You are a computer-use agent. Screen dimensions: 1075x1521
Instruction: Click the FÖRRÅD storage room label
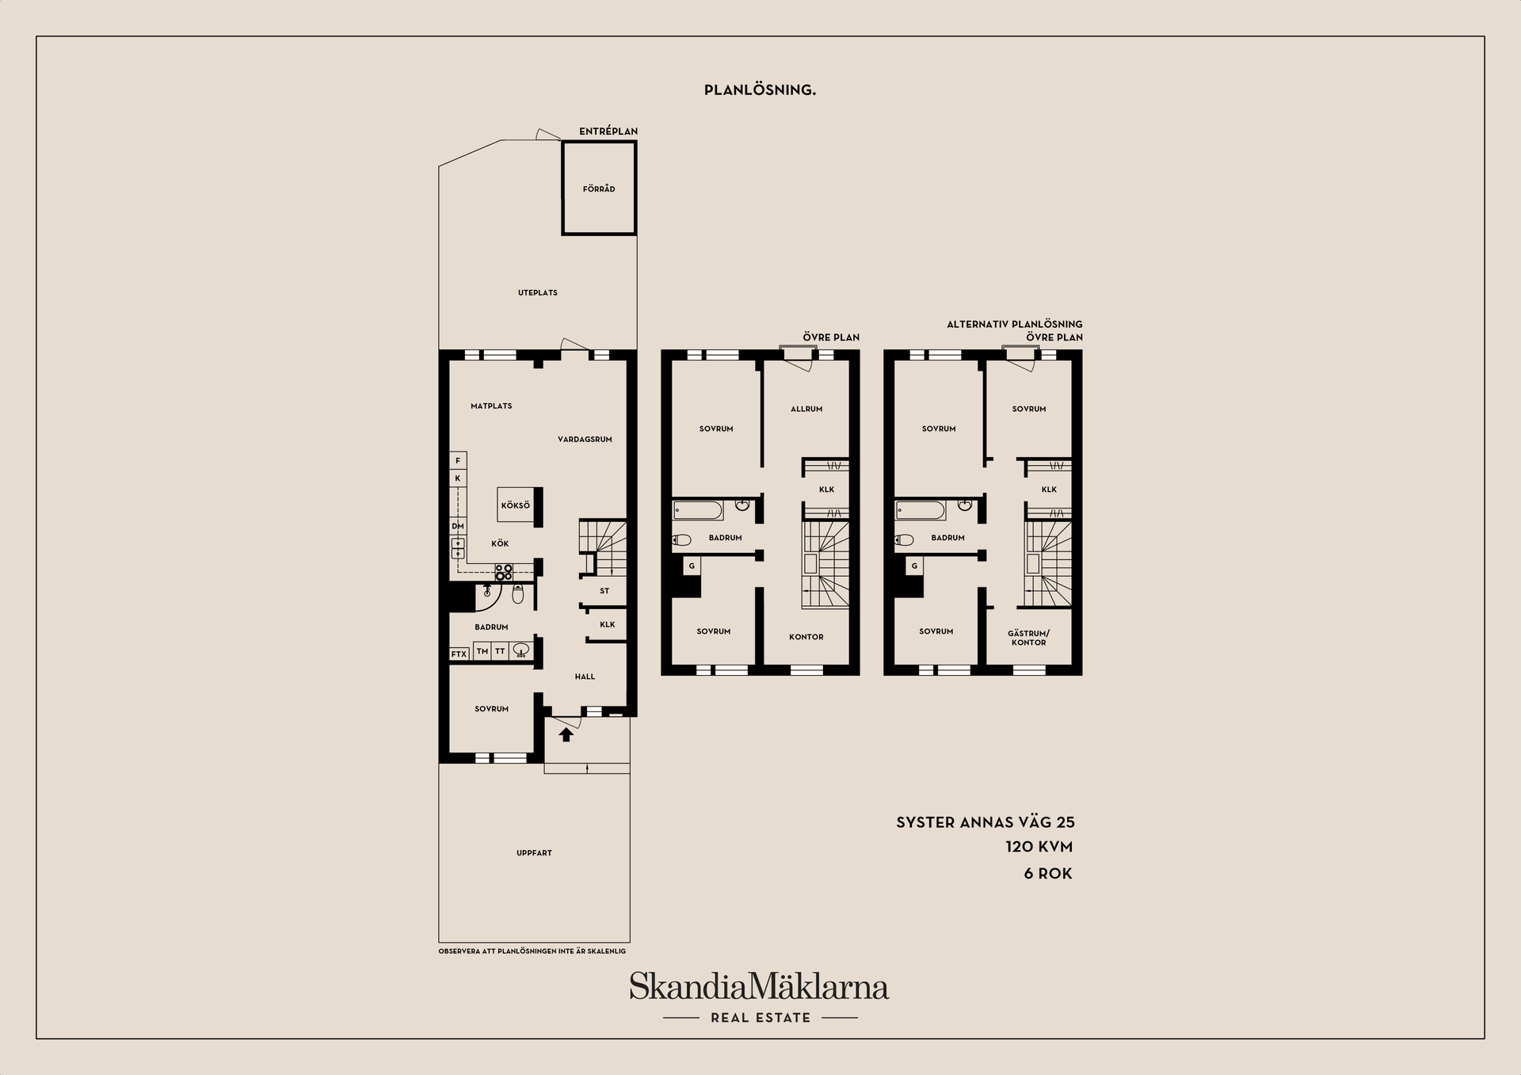point(599,189)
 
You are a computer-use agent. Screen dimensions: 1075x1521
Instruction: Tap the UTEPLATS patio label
point(538,293)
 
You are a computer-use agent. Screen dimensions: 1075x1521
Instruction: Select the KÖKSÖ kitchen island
point(515,505)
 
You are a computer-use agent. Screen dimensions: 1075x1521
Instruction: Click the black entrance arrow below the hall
point(566,734)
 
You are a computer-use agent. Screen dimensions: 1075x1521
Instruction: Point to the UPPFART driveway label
point(534,853)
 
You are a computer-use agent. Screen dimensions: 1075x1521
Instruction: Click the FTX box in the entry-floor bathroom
point(459,654)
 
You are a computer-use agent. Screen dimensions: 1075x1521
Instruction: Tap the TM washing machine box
point(482,652)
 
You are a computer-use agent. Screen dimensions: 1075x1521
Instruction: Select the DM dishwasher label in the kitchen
point(458,526)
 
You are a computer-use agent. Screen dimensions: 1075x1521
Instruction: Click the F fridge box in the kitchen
point(458,460)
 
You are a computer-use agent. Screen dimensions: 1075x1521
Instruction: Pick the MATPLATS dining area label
point(491,406)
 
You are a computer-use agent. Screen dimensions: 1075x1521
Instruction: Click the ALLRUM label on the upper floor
point(806,410)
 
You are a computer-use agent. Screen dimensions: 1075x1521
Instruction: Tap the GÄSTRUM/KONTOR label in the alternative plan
point(1028,638)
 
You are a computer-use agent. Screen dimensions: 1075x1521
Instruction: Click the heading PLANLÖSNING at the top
point(760,90)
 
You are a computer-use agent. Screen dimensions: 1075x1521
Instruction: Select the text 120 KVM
point(1039,847)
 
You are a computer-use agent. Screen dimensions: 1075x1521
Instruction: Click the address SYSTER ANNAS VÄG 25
point(985,822)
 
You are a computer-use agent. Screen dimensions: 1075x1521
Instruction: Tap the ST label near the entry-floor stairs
point(604,592)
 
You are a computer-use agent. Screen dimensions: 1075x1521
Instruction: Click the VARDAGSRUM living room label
point(585,440)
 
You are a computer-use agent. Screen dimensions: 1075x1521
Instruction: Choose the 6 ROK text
point(1047,874)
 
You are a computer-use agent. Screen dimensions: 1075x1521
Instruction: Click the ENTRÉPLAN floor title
point(608,132)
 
